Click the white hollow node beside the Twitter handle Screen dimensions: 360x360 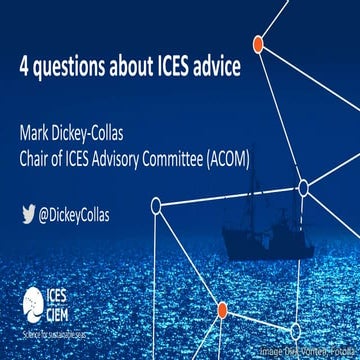click(156, 206)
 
